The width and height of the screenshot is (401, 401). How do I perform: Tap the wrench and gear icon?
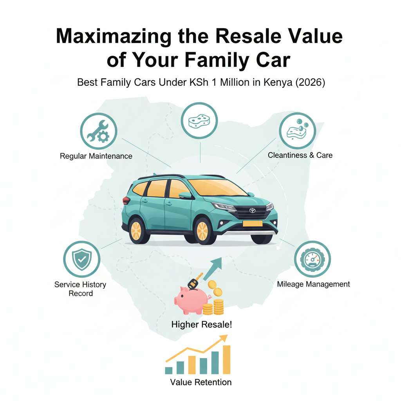[x=99, y=131]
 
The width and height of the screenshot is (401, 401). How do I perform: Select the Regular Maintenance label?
[x=96, y=156]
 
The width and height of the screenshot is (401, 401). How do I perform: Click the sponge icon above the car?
[x=200, y=121]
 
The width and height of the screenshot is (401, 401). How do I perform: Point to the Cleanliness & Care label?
[x=300, y=155]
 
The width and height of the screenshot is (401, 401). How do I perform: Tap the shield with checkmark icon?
[x=82, y=259]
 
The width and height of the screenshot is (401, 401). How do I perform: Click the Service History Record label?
[x=80, y=289]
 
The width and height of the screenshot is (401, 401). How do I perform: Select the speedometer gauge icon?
[x=312, y=259]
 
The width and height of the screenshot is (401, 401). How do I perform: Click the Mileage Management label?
[x=313, y=284]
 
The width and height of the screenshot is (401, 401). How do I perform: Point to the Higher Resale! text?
[x=202, y=325]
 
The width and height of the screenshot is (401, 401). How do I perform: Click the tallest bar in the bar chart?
[x=226, y=359]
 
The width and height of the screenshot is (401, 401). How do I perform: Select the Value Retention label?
[x=200, y=382]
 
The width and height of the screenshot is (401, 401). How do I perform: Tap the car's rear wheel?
[x=136, y=230]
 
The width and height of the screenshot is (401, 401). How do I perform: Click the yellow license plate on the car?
[x=253, y=224]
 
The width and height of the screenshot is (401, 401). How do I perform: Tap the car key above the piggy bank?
[x=194, y=282]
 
